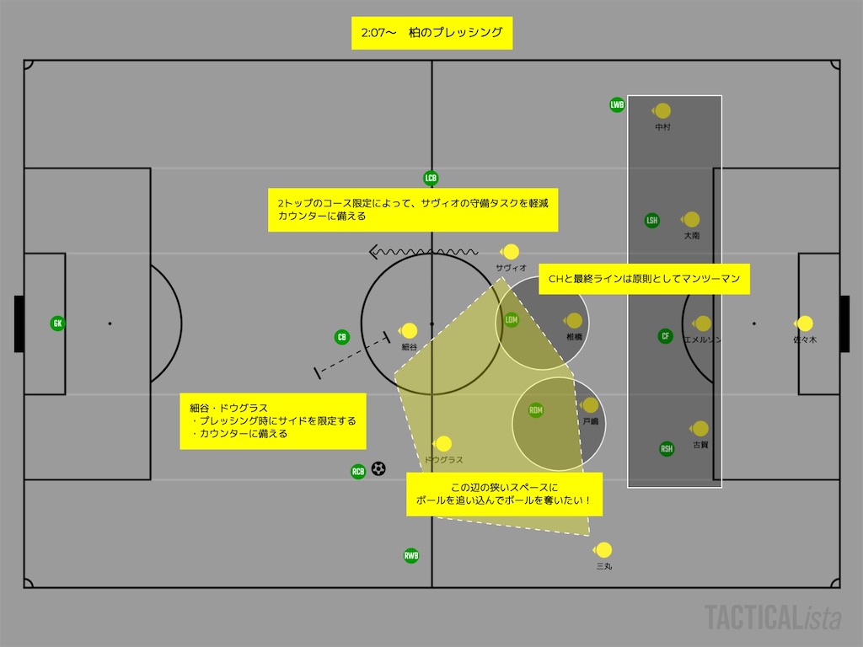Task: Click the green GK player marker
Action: [x=57, y=323]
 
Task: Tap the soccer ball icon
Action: [x=378, y=468]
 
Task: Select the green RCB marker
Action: [x=358, y=472]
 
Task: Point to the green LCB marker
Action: [x=431, y=179]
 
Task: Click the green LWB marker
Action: [x=618, y=105]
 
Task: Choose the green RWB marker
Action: [x=411, y=555]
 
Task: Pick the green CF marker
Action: [x=666, y=336]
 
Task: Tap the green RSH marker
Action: [x=667, y=449]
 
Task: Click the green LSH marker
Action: [x=651, y=221]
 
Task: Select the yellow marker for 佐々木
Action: [x=805, y=323]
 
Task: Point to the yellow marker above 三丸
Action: [x=603, y=550]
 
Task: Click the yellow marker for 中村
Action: [x=663, y=110]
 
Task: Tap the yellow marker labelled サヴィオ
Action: [x=511, y=251]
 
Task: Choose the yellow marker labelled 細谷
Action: [x=410, y=331]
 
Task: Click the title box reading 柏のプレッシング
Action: [x=431, y=34]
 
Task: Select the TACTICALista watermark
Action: [x=773, y=618]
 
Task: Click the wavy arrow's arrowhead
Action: [x=373, y=251]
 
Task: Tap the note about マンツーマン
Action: [x=644, y=279]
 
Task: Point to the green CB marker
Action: [x=342, y=338]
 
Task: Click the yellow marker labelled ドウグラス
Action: [x=443, y=444]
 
